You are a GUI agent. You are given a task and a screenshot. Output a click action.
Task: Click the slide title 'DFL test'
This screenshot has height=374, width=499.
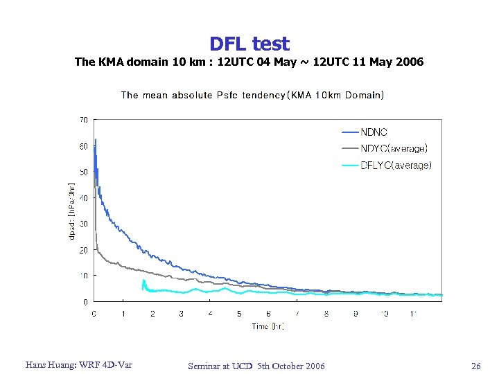249,44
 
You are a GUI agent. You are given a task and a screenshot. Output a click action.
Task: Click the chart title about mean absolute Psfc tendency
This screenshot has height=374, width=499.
252,95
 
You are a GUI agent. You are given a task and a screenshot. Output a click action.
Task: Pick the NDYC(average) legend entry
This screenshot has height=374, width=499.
394,148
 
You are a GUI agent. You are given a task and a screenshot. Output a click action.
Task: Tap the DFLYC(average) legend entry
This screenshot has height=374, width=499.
396,165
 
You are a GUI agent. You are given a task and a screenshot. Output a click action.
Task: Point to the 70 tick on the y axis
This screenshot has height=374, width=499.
83,120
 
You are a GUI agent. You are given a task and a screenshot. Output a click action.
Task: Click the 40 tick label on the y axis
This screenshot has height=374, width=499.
83,198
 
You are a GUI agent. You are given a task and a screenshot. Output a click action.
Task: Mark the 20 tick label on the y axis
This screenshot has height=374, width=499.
83,250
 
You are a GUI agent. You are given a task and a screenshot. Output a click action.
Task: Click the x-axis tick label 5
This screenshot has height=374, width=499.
239,314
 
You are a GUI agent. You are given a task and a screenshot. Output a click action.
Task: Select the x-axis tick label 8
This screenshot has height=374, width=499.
326,314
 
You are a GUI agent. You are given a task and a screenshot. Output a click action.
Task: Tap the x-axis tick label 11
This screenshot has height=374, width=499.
414,314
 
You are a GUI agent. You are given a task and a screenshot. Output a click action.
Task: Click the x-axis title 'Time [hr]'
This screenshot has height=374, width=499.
268,326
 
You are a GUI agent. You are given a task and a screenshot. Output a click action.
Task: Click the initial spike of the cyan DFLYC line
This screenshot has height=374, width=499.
143,280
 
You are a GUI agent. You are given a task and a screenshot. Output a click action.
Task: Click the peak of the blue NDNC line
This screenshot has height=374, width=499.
96,141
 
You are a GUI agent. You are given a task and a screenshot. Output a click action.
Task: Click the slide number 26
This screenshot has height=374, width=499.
475,366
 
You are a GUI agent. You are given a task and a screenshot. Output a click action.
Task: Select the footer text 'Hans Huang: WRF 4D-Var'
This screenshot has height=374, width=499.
78,365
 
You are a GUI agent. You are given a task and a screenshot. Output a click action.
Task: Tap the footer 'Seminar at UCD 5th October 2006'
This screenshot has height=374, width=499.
256,366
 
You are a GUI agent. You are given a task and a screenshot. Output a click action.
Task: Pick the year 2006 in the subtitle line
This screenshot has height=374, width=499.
409,62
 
